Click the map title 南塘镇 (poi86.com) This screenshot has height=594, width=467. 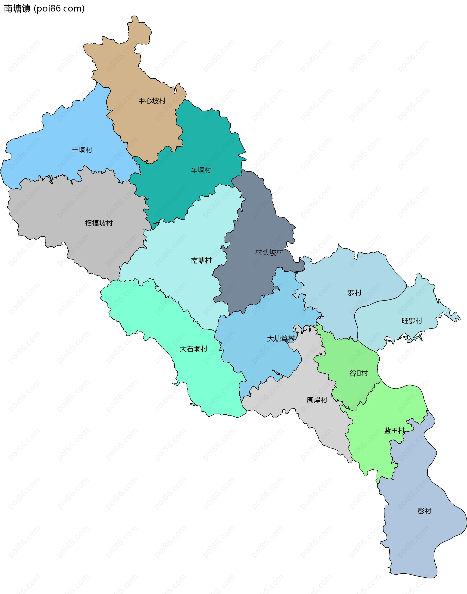tap(44, 9)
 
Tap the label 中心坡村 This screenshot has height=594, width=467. tap(152, 101)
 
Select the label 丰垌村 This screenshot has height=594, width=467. tap(82, 150)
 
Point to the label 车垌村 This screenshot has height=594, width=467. tap(201, 170)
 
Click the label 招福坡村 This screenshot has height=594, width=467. tap(99, 223)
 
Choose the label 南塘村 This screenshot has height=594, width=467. tap(201, 260)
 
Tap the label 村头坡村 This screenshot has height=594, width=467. tap(269, 252)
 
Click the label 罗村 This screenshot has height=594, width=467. tap(355, 293)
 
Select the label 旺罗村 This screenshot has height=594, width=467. tap(412, 321)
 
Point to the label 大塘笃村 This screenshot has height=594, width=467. tap(281, 339)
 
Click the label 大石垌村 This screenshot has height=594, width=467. tap(194, 349)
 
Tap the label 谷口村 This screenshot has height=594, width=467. tap(359, 373)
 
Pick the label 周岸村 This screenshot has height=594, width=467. tap(317, 400)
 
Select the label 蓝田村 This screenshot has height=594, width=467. tap(394, 431)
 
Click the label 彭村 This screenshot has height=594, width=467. tap(424, 511)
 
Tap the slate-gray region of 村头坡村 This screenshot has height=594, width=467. tap(254, 279)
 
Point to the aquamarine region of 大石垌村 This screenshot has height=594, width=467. tap(213, 382)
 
